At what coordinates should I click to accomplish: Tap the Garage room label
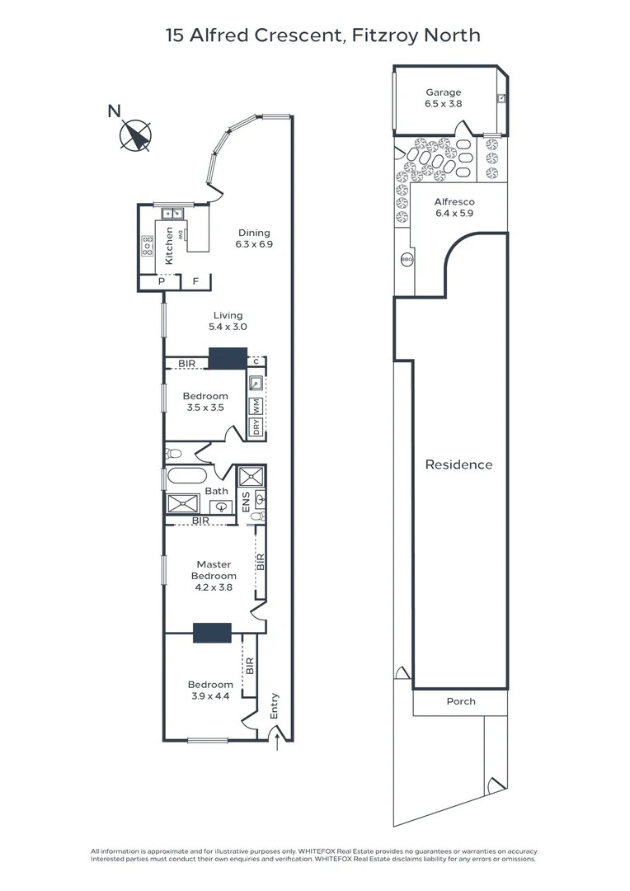click(443, 92)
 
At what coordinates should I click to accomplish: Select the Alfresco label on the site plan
click(454, 202)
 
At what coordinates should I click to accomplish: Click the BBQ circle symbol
click(407, 259)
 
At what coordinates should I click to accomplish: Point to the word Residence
click(458, 464)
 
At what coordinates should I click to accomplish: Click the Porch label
click(461, 701)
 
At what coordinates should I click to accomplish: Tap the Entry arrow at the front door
click(277, 742)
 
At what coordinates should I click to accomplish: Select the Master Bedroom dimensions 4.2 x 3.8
click(214, 587)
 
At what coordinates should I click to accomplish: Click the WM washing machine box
click(256, 406)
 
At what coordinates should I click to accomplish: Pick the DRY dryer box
click(256, 427)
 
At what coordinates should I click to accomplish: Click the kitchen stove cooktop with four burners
click(148, 246)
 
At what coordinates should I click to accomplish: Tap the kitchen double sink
click(172, 214)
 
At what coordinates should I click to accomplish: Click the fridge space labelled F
click(196, 282)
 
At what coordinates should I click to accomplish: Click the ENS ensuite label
click(246, 502)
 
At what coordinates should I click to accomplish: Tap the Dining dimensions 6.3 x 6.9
click(254, 244)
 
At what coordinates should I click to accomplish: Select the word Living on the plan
click(228, 315)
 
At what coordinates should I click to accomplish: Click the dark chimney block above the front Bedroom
click(212, 633)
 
